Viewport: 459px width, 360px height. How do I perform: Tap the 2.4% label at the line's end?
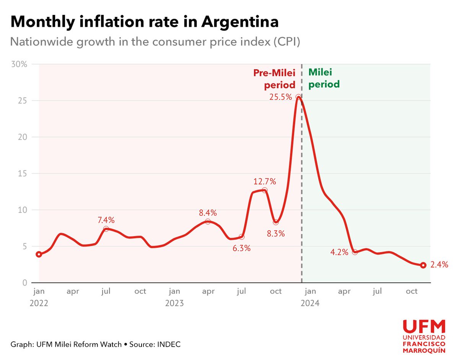[439, 264]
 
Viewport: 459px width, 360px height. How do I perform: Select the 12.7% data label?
[264, 181]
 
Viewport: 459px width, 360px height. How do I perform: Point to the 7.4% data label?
[106, 220]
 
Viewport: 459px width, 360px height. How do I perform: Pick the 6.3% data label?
[241, 248]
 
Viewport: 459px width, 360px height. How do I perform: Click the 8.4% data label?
[208, 212]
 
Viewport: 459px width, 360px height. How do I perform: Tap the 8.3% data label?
[276, 234]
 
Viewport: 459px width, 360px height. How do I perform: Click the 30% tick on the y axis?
[19, 64]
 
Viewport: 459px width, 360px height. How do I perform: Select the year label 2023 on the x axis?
[174, 303]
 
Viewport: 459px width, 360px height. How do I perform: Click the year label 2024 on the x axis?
[310, 303]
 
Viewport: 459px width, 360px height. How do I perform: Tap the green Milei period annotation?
[324, 78]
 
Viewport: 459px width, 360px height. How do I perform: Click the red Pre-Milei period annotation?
[275, 79]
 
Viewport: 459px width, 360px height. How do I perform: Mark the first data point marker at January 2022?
[39, 255]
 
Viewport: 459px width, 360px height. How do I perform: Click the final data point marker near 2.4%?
[423, 265]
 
